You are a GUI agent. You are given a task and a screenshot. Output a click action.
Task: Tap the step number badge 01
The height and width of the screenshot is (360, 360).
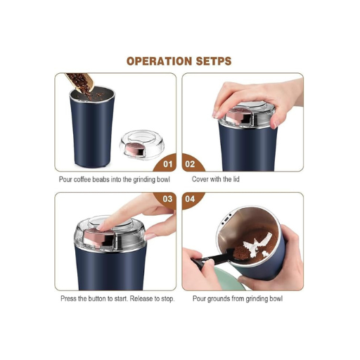click(x=167, y=164)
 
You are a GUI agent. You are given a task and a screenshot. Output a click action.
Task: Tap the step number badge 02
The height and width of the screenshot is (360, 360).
click(x=190, y=164)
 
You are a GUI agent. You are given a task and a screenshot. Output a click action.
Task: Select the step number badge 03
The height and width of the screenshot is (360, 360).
click(x=167, y=200)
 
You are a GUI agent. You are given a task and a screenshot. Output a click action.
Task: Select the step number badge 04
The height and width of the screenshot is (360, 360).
click(x=190, y=200)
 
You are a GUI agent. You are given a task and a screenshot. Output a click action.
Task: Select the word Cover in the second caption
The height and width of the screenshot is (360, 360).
click(x=202, y=179)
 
